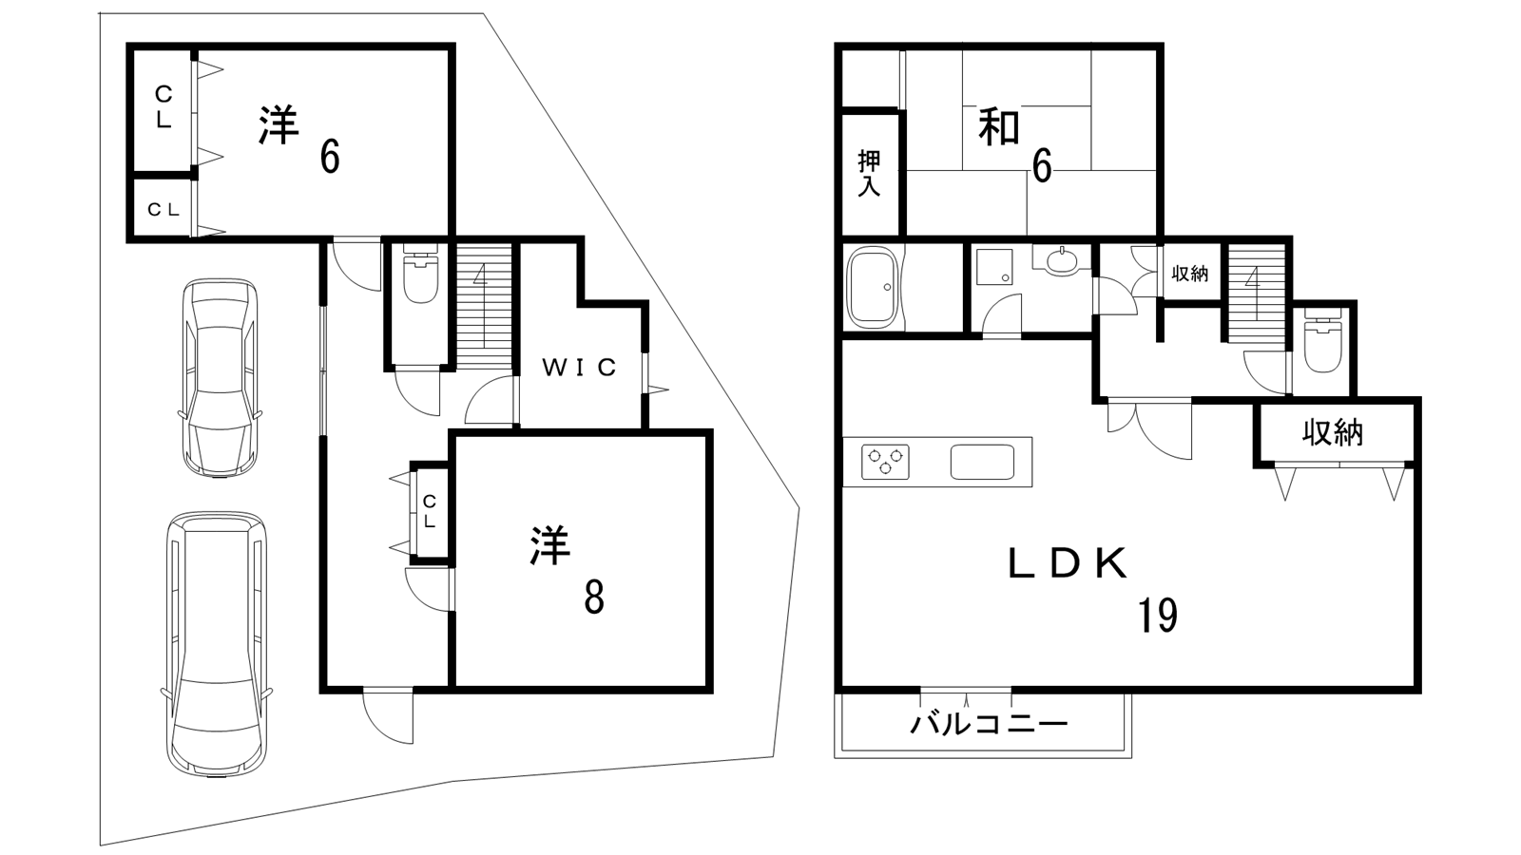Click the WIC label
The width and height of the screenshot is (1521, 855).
click(580, 367)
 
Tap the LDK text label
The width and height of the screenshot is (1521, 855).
click(1068, 564)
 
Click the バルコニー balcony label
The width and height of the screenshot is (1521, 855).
click(989, 725)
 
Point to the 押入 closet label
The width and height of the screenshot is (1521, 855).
click(869, 173)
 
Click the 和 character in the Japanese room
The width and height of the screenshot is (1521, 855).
click(999, 128)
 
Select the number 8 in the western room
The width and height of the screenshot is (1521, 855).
click(593, 598)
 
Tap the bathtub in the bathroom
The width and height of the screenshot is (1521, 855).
click(872, 286)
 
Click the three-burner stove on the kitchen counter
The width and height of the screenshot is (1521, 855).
click(885, 462)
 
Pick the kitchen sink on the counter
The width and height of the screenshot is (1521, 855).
click(982, 462)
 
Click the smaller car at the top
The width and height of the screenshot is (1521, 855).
click(220, 376)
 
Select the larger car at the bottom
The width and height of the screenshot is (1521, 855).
click(217, 644)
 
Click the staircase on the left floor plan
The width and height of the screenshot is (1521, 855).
click(484, 304)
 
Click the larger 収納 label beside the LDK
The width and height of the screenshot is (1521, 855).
click(1333, 433)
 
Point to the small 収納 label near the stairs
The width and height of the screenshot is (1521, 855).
click(1189, 274)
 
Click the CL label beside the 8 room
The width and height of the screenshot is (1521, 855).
click(430, 511)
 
